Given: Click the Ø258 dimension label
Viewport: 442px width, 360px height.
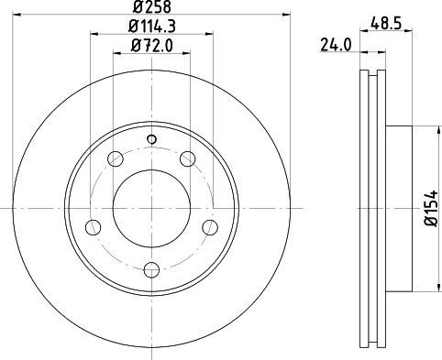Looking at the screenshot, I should tap(152, 9).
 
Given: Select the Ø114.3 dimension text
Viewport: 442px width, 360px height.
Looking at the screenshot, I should tap(152, 26).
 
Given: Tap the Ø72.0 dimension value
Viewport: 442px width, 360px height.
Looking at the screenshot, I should tap(152, 43).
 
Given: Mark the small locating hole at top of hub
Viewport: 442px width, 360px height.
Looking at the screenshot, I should tap(152, 139).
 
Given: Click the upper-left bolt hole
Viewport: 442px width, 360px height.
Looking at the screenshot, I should tap(116, 160).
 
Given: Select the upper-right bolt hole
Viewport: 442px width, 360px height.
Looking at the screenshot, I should tap(188, 160).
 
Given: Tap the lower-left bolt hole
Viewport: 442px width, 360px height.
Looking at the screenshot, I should tap(94, 227).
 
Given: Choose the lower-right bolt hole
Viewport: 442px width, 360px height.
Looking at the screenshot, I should tap(211, 227).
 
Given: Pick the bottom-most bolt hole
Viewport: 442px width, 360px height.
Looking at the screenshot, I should tap(152, 269).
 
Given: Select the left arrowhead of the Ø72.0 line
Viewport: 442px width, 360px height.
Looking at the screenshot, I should tap(115, 52).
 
